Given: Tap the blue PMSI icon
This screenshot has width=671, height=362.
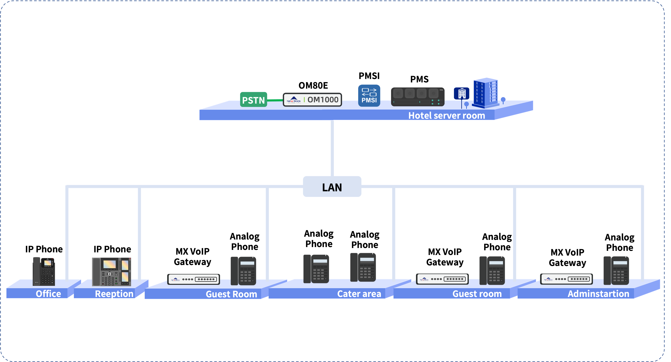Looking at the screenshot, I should (x=369, y=96).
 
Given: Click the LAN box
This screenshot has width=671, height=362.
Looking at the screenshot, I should (x=332, y=187).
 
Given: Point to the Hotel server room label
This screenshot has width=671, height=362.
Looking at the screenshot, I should (x=446, y=115).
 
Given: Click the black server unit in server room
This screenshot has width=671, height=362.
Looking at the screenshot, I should (x=417, y=97).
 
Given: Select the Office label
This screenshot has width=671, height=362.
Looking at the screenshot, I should (x=48, y=294).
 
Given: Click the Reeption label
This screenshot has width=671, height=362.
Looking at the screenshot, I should (x=114, y=294).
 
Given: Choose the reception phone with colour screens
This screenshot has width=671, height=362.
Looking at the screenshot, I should (x=111, y=272).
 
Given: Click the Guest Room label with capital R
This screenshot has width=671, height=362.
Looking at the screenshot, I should (x=231, y=294).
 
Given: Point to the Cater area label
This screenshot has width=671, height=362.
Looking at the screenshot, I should (x=359, y=294).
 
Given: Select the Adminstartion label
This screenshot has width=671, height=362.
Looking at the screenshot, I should (x=598, y=294).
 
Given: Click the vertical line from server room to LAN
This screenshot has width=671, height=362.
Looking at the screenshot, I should (x=332, y=148).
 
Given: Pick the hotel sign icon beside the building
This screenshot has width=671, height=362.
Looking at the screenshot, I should (x=462, y=93).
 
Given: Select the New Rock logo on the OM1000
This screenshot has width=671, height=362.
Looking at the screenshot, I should (x=294, y=100).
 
